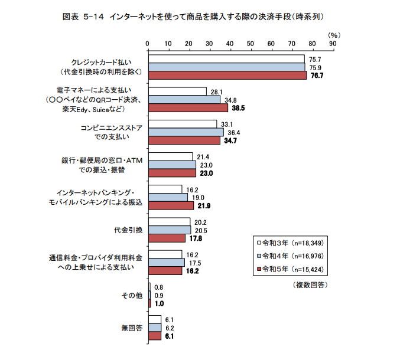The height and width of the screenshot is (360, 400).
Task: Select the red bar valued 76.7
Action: click(x=227, y=76)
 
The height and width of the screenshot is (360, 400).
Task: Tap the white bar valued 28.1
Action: click(x=177, y=91)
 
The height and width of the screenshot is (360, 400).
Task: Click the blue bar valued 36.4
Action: click(x=186, y=132)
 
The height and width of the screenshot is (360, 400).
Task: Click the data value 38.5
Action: click(x=239, y=108)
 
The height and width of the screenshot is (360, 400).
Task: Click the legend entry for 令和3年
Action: click(x=288, y=243)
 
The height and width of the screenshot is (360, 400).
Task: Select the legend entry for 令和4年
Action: click(x=288, y=256)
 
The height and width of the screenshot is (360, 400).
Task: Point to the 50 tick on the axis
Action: click(x=251, y=43)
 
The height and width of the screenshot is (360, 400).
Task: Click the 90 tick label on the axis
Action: click(x=333, y=43)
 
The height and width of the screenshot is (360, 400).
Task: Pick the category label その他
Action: click(x=132, y=294)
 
